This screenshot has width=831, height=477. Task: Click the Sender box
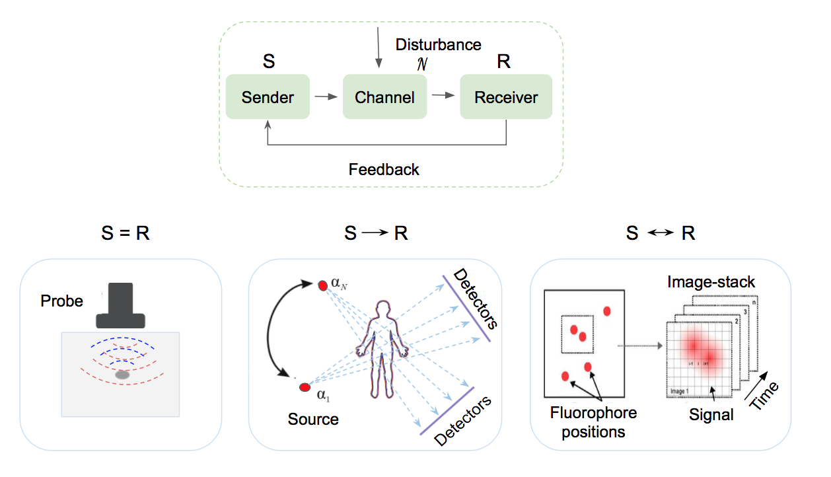[268, 97]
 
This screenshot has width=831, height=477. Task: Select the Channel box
[384, 97]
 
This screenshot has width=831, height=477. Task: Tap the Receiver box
[506, 97]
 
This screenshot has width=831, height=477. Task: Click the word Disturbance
[438, 45]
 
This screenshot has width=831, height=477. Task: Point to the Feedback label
[384, 169]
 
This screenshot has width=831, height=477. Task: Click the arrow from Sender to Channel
[325, 97]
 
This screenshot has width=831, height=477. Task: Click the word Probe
[62, 301]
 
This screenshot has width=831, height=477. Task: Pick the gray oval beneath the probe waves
[122, 375]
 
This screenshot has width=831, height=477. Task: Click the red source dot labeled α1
[304, 387]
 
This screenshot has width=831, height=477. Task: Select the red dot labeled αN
[322, 285]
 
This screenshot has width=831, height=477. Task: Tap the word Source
[313, 419]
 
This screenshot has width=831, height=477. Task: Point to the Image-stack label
[711, 283]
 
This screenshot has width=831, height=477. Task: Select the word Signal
[711, 415]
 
